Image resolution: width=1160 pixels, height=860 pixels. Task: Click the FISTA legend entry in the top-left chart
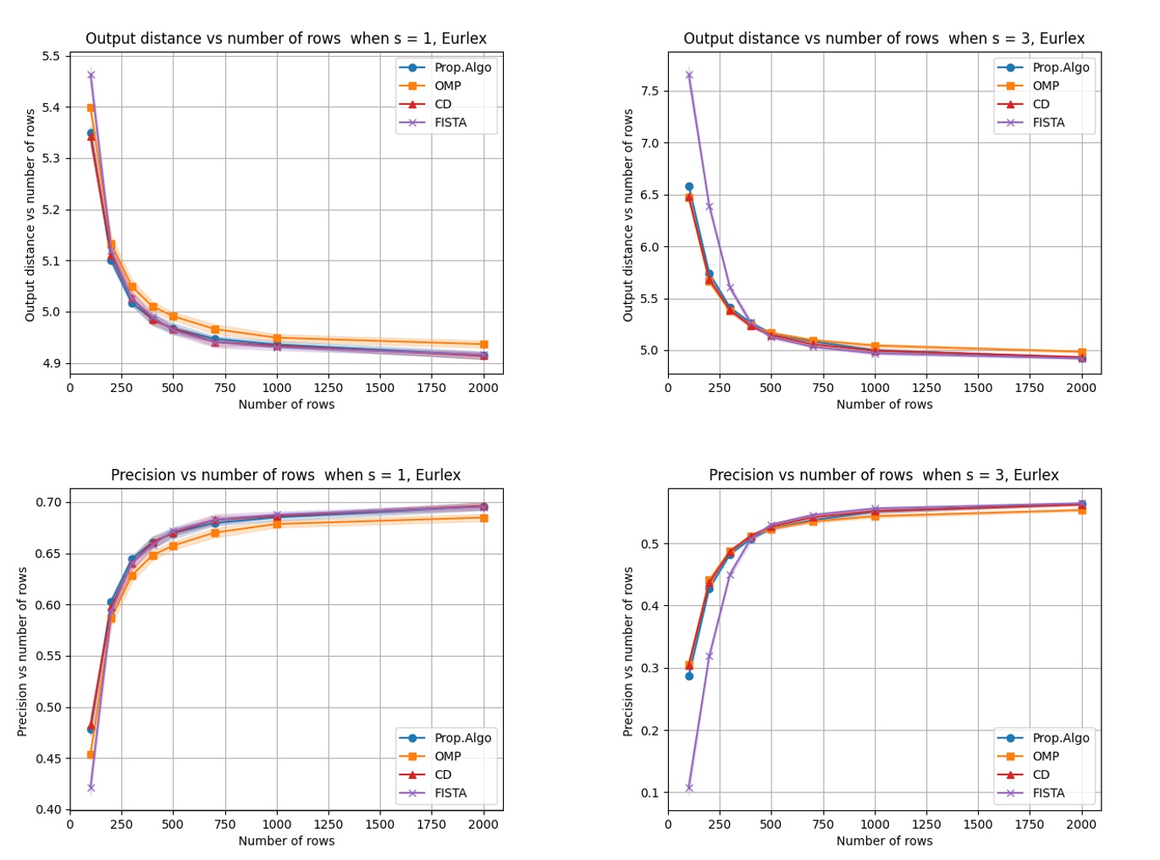pos(450,123)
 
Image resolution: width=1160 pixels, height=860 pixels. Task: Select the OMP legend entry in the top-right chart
pos(1046,85)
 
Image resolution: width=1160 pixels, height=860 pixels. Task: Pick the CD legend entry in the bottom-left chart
pos(443,775)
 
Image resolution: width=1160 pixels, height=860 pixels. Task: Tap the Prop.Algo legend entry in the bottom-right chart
pos(1060,737)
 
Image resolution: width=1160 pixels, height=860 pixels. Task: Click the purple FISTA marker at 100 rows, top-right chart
pos(689,74)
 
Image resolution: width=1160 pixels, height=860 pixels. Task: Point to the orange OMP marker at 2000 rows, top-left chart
pos(483,345)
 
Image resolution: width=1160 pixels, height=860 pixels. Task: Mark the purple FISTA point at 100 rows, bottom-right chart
pos(689,787)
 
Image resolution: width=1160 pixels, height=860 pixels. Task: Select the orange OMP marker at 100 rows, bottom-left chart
pos(91,754)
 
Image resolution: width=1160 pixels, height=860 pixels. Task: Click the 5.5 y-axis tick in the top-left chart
pos(51,57)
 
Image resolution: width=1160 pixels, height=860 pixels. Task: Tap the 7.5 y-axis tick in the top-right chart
pos(649,91)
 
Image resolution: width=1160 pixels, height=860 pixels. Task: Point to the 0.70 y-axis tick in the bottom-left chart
pos(48,502)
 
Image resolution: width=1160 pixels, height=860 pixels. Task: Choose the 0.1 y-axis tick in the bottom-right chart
pos(649,793)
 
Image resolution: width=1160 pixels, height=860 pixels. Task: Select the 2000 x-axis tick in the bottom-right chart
pos(1081,824)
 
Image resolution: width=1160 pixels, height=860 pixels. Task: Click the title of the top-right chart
pos(884,38)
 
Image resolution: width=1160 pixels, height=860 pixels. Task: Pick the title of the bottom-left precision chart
pos(286,475)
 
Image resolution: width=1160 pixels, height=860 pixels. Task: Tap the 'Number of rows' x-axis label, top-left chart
pos(286,405)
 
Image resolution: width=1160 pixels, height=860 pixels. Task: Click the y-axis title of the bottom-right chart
pos(628,651)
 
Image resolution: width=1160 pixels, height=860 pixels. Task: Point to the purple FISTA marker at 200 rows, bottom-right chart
pos(710,656)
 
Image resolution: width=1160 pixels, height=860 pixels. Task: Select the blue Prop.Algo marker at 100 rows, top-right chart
pos(689,186)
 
